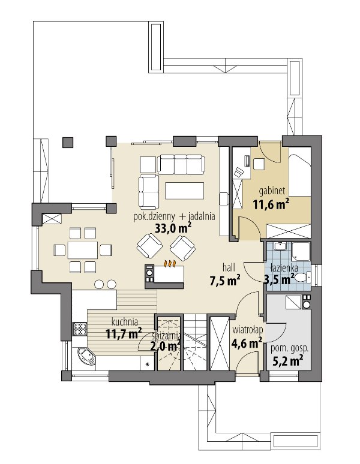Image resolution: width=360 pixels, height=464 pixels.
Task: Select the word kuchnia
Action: click(125, 322)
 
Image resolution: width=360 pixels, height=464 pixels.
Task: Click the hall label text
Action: click(229, 268)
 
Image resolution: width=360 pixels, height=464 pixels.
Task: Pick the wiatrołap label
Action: click(247, 329)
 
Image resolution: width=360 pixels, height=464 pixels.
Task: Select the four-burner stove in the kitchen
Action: click(80, 329)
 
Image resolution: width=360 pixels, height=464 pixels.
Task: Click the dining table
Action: click(83, 250)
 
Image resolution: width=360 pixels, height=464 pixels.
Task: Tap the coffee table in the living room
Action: click(184, 191)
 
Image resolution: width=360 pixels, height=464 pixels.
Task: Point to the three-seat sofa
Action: click(181, 164)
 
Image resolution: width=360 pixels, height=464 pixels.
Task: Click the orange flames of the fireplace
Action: click(170, 263)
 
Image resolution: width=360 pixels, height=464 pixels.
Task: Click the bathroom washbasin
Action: click(279, 246)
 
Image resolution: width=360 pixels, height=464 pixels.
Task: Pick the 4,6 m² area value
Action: click(247, 343)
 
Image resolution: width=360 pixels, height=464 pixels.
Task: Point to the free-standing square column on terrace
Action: click(68, 142)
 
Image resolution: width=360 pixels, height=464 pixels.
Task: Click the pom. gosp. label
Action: click(289, 348)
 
